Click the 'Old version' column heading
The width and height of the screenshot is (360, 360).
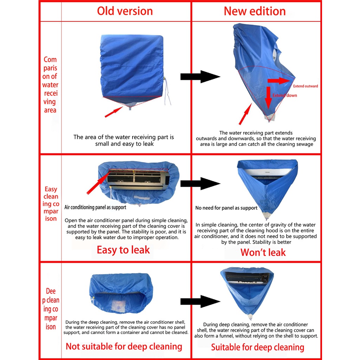pos(125,11)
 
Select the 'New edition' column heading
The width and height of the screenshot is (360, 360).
pos(255,11)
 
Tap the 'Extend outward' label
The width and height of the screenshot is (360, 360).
pos(305,86)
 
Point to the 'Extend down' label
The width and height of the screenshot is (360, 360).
pos(285,95)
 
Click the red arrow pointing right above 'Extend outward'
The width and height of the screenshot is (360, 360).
pos(279,81)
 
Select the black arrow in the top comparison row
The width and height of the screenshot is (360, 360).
pos(200,77)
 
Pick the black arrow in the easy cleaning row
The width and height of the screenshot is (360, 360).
pos(200,184)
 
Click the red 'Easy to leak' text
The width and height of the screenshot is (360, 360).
pos(123,250)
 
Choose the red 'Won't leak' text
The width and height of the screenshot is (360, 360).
pos(263,252)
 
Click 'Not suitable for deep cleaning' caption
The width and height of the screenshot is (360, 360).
pos(124,346)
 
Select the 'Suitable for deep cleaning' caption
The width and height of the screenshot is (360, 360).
pos(257,348)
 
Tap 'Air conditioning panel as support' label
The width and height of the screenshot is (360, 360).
pos(95,207)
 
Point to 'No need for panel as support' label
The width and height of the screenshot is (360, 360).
pos(226,208)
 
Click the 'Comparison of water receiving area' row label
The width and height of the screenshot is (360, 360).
pos(50,85)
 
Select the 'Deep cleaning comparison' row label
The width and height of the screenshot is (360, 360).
pos(51,309)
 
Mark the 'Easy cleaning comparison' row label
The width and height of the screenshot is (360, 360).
pos(51,204)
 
